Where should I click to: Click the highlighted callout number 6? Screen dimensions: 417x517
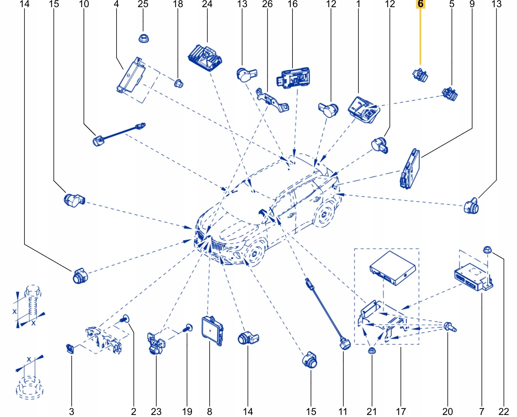tap(421, 4)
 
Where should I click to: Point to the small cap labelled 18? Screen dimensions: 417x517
tap(178, 82)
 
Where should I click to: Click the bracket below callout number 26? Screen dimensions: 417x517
tap(273, 101)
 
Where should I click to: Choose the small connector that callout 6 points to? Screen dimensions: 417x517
tap(421, 75)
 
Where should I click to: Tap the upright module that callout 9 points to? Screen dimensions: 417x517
tap(410, 168)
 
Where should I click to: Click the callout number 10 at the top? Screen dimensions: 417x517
tap(84, 4)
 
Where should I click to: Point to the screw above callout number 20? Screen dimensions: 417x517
tap(450, 327)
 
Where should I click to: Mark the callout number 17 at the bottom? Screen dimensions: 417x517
tap(401, 412)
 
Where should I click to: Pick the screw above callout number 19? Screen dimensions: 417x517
tap(188, 328)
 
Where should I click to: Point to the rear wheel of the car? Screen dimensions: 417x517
tap(325, 214)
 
